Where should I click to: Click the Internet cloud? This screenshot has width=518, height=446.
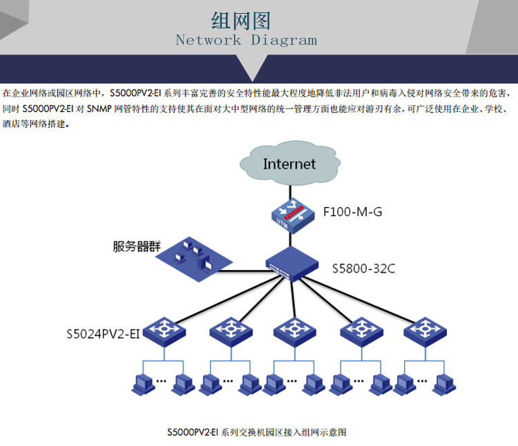tap(289, 164)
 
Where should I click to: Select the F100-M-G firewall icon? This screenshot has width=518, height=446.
tap(289, 213)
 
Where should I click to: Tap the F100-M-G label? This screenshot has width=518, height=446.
tap(352, 212)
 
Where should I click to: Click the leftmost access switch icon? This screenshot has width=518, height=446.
tap(164, 331)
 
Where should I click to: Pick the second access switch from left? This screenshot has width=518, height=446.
tap(229, 331)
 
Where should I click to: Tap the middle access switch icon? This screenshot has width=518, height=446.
tap(295, 331)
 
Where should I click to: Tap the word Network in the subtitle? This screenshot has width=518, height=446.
tap(209, 40)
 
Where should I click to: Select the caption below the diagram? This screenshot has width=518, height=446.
tap(256, 432)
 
